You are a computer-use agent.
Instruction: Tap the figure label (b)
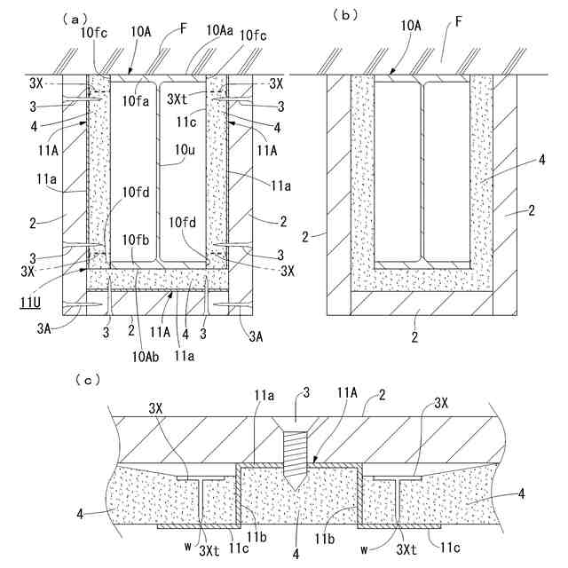tap(344, 15)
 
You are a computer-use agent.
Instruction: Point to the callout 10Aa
tap(221, 30)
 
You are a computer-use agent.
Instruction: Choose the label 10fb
tap(137, 240)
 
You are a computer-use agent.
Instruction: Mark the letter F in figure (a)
tap(184, 29)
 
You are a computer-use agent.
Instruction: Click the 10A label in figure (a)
tap(142, 30)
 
